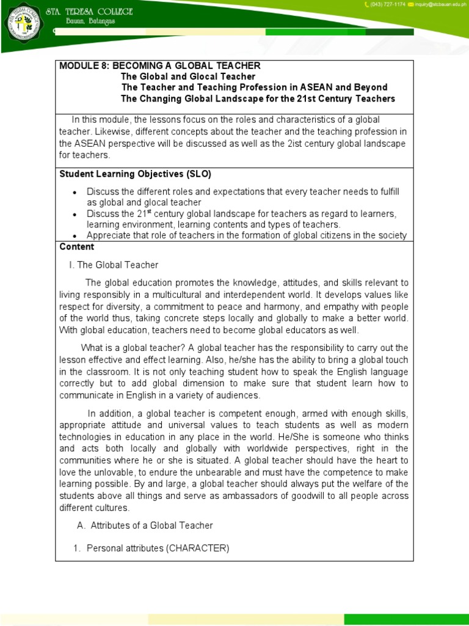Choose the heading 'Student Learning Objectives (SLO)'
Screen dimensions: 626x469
coord(135,174)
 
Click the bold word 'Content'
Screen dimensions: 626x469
coord(77,247)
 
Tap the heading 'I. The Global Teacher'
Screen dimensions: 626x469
coord(114,265)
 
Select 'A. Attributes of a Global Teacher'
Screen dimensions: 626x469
coord(145,526)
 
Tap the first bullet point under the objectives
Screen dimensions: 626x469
coord(75,193)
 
